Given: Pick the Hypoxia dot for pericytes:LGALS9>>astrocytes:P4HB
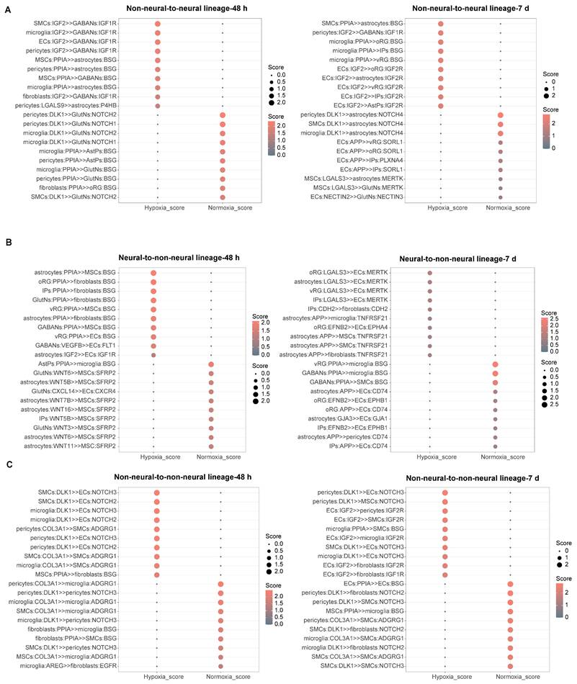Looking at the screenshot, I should coord(157,106).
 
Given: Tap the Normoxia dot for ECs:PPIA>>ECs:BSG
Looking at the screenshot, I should coord(510,564).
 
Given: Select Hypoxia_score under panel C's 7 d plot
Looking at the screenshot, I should coord(444,676).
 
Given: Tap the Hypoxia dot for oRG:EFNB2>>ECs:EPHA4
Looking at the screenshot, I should coord(430,327).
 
